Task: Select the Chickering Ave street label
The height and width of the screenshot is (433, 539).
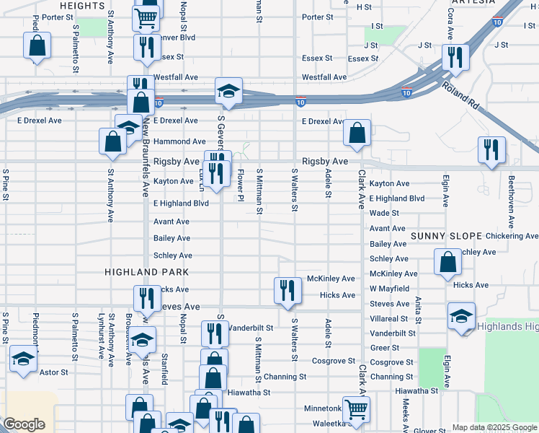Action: coord(512,236)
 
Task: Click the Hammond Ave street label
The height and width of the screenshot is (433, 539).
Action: coord(179,141)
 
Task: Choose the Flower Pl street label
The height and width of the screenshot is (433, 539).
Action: coord(241,185)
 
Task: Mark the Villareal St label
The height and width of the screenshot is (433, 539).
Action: coord(388,318)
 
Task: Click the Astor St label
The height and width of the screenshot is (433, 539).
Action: coord(53,373)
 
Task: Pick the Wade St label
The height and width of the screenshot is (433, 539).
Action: coord(384,214)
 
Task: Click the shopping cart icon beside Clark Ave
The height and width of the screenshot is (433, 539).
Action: coord(356,409)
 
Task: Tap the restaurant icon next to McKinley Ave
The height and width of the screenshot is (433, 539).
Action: coord(288,290)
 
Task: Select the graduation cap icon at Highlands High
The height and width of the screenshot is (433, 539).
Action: coord(461,315)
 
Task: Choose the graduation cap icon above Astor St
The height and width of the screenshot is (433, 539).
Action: coord(23,359)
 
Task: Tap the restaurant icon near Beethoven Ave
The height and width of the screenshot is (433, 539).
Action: coord(491,150)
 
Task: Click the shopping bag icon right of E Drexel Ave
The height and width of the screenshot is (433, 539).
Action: coord(357,133)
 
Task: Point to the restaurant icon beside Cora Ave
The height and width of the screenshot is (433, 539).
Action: coord(455,57)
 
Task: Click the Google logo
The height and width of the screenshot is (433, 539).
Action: coord(24,424)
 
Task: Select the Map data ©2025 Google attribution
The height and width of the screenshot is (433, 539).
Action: coord(494,427)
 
